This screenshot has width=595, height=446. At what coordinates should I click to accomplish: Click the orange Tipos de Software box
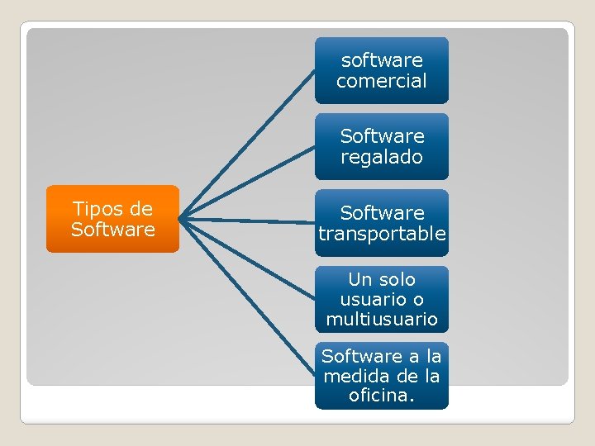coord(112,219)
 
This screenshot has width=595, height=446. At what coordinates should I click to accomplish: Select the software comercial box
coord(381,70)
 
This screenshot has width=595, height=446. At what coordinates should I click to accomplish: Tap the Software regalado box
coord(381,146)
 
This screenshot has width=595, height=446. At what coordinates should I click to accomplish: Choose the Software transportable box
coord(381,223)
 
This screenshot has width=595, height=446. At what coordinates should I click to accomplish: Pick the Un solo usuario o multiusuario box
coord(381,299)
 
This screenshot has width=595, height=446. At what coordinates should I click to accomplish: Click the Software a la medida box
coord(381,376)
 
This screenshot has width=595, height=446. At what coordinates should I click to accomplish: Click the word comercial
coord(381,81)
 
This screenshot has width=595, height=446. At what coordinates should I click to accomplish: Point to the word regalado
coord(381,157)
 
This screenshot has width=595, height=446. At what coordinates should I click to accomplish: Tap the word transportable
coord(382,234)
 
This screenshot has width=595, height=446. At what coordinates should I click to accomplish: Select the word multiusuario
coord(381,319)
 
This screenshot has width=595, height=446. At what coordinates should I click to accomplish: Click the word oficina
coord(381,396)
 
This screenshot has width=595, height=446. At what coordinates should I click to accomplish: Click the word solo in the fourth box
coord(397,279)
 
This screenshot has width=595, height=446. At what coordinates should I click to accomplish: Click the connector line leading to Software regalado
coord(248,183)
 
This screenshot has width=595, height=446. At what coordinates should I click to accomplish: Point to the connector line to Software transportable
coord(248,221)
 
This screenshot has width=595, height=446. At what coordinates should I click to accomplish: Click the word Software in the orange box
coord(112,229)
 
